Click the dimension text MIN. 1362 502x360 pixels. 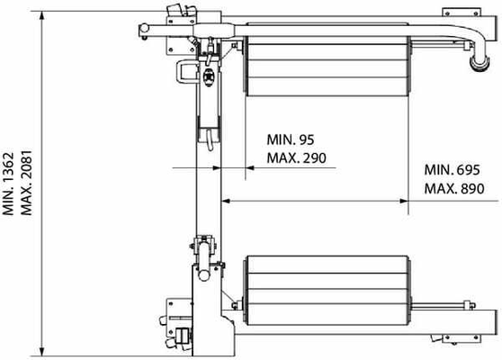(x=8, y=184)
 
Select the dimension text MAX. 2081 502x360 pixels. (x=26, y=183)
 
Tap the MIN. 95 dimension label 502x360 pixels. (x=291, y=139)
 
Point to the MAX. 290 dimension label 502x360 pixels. (x=297, y=157)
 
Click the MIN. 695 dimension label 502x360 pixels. (x=452, y=170)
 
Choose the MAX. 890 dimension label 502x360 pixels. (x=454, y=188)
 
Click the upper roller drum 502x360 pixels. (x=327, y=59)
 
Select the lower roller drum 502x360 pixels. (x=327, y=291)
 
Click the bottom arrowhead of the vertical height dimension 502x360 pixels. (x=41, y=351)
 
